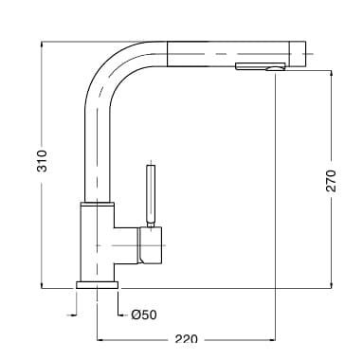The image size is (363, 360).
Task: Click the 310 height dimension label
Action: point(42,161)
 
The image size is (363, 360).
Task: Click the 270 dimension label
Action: point(331,181)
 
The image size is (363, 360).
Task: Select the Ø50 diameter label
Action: point(144,315)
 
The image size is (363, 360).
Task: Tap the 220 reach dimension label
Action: point(186,340)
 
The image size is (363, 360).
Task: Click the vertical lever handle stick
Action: point(151,193)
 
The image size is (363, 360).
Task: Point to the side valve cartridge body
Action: point(151,245)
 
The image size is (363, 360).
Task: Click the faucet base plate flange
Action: point(97,285)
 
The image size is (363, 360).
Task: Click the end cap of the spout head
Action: point(298,54)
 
